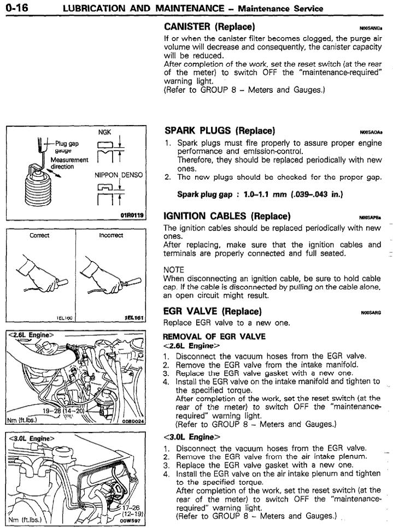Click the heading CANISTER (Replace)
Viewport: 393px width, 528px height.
209,27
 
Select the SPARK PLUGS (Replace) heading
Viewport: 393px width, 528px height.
219,131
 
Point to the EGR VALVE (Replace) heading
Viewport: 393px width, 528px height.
213,312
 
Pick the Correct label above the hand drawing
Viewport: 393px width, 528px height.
39,236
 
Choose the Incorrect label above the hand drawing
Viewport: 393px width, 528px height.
111,236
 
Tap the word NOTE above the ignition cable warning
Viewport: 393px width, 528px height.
174,270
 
